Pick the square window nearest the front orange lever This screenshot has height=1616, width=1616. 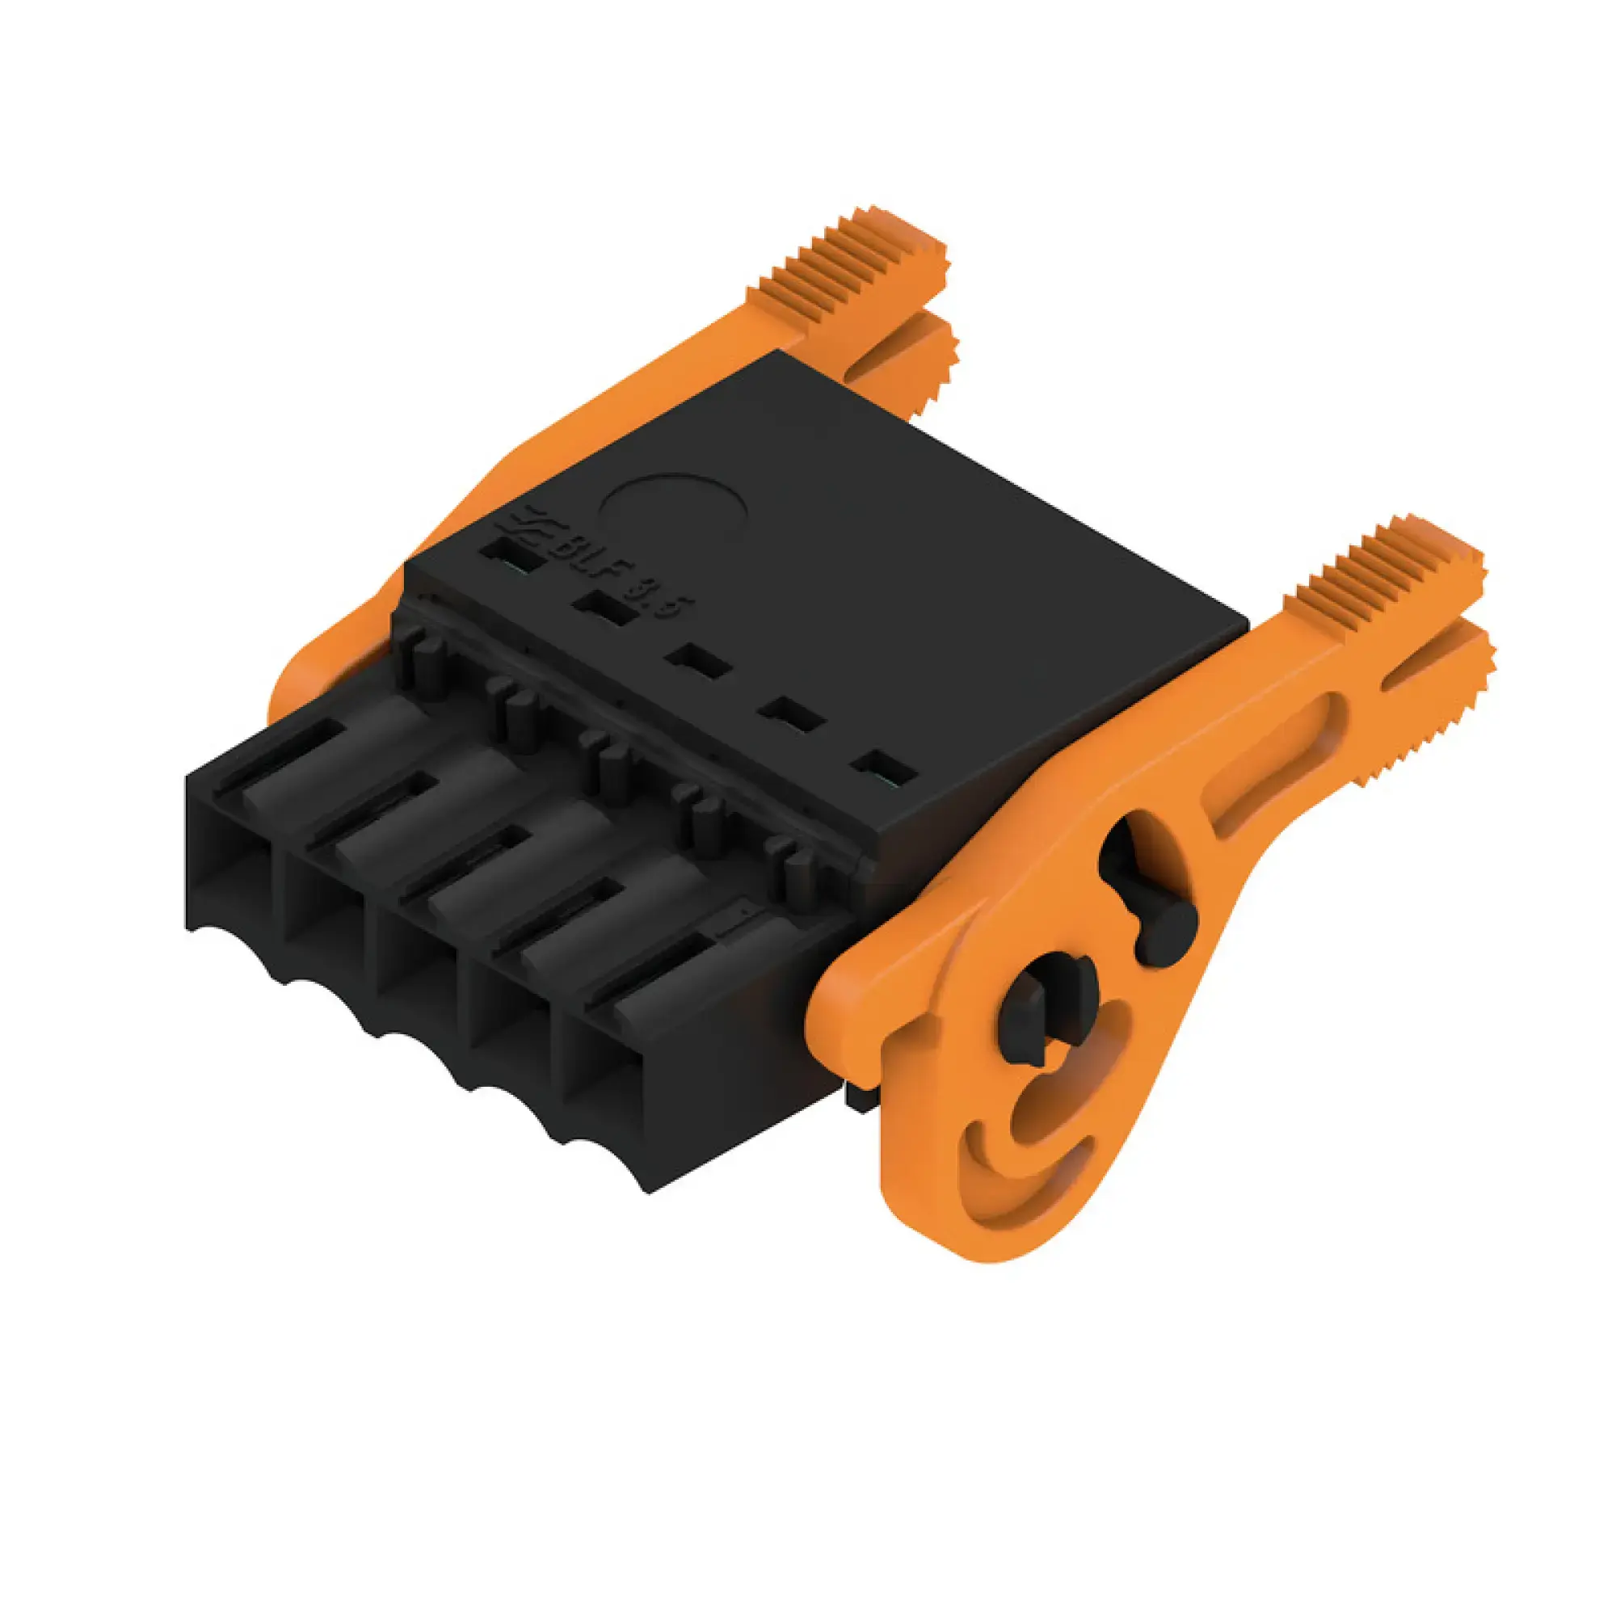coord(885,767)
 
